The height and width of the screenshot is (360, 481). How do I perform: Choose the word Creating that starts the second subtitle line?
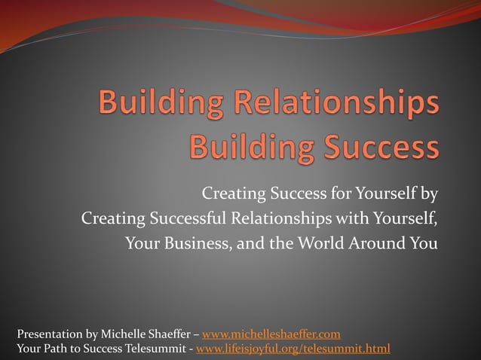[112, 219]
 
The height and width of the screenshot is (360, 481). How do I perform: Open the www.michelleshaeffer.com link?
[271, 334]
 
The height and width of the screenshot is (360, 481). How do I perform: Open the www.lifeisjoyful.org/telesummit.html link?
[293, 348]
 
